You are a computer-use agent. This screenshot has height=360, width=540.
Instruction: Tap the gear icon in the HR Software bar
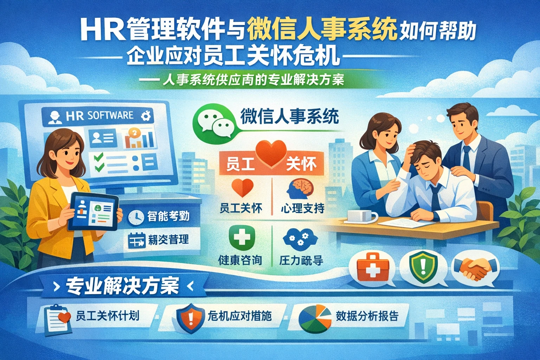click(x=145, y=116)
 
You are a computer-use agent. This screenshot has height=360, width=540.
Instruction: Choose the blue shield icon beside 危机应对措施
click(x=190, y=317)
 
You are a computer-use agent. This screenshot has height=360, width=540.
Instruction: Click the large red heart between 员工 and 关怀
click(x=270, y=154)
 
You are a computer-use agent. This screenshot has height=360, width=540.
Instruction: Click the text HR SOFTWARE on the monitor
click(x=99, y=116)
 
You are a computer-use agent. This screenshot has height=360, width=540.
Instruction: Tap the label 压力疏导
click(x=301, y=261)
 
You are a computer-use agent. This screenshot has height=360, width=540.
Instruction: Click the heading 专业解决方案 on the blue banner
click(x=123, y=286)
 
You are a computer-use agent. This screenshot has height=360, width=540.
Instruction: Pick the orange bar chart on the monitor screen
click(x=139, y=139)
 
